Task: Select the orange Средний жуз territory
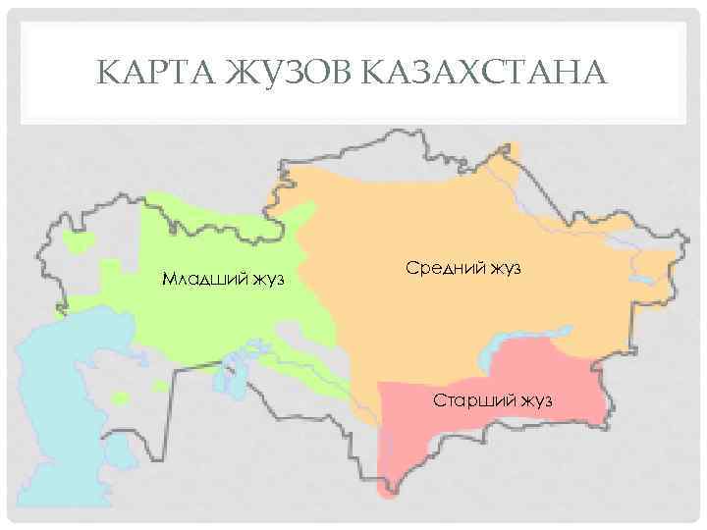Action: coord(412,216)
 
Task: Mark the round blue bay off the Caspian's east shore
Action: coord(120,451)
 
